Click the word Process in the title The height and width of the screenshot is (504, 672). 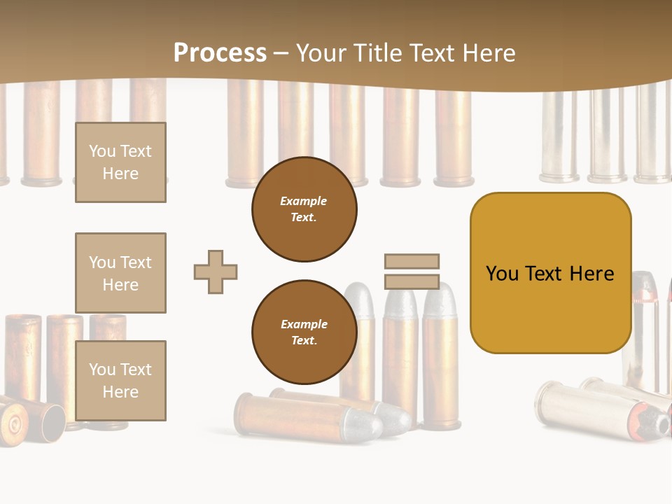click(220, 53)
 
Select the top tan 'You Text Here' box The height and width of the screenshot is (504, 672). click(120, 162)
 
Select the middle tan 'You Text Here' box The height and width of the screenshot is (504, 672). click(120, 273)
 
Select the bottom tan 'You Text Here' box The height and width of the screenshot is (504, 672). click(120, 381)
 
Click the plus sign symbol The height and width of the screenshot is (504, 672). click(216, 272)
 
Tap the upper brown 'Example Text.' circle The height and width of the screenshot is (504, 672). click(304, 209)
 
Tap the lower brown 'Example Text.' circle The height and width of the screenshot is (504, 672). click(304, 332)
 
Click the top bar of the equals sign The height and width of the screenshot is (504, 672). click(412, 261)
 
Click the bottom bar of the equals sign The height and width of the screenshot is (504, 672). click(412, 282)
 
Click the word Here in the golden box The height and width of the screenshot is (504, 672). click(591, 274)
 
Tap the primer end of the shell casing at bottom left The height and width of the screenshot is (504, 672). click(13, 422)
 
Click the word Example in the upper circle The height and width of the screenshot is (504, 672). click(304, 201)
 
